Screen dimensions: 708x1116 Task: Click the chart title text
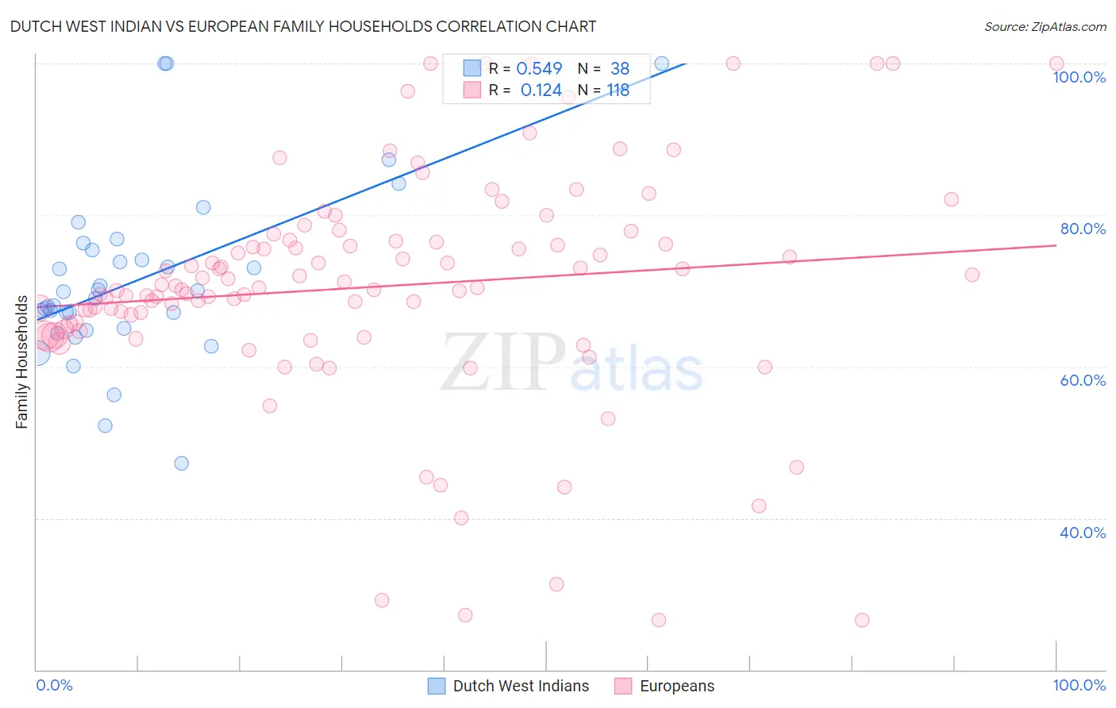pyautogui.click(x=303, y=26)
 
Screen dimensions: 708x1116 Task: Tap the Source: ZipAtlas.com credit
pyautogui.click(x=1045, y=26)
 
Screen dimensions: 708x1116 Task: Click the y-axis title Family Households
pyautogui.click(x=21, y=362)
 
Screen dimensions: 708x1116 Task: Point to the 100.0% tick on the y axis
pyautogui.click(x=1079, y=77)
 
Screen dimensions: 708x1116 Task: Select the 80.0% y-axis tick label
pyautogui.click(x=1083, y=229)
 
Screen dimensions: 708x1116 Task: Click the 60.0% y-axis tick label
pyautogui.click(x=1083, y=380)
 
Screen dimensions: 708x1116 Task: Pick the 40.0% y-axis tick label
pyautogui.click(x=1083, y=533)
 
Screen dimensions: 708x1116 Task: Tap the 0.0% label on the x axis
pyautogui.click(x=54, y=685)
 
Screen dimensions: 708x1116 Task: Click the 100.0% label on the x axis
pyautogui.click(x=1079, y=685)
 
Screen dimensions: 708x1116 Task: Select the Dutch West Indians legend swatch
pyautogui.click(x=437, y=686)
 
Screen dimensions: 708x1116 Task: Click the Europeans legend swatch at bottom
pyautogui.click(x=623, y=686)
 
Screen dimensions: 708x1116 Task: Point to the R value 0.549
pyautogui.click(x=539, y=69)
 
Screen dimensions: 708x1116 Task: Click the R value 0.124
pyautogui.click(x=541, y=90)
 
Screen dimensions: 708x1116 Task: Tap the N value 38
pyautogui.click(x=619, y=69)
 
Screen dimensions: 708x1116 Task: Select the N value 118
pyautogui.click(x=618, y=90)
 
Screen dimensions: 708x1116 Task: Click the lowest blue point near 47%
pyautogui.click(x=182, y=464)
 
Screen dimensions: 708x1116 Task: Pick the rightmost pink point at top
pyautogui.click(x=1056, y=63)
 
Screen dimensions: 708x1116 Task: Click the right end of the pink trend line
pyautogui.click(x=1056, y=245)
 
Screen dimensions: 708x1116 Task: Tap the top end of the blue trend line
pyautogui.click(x=684, y=63)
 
